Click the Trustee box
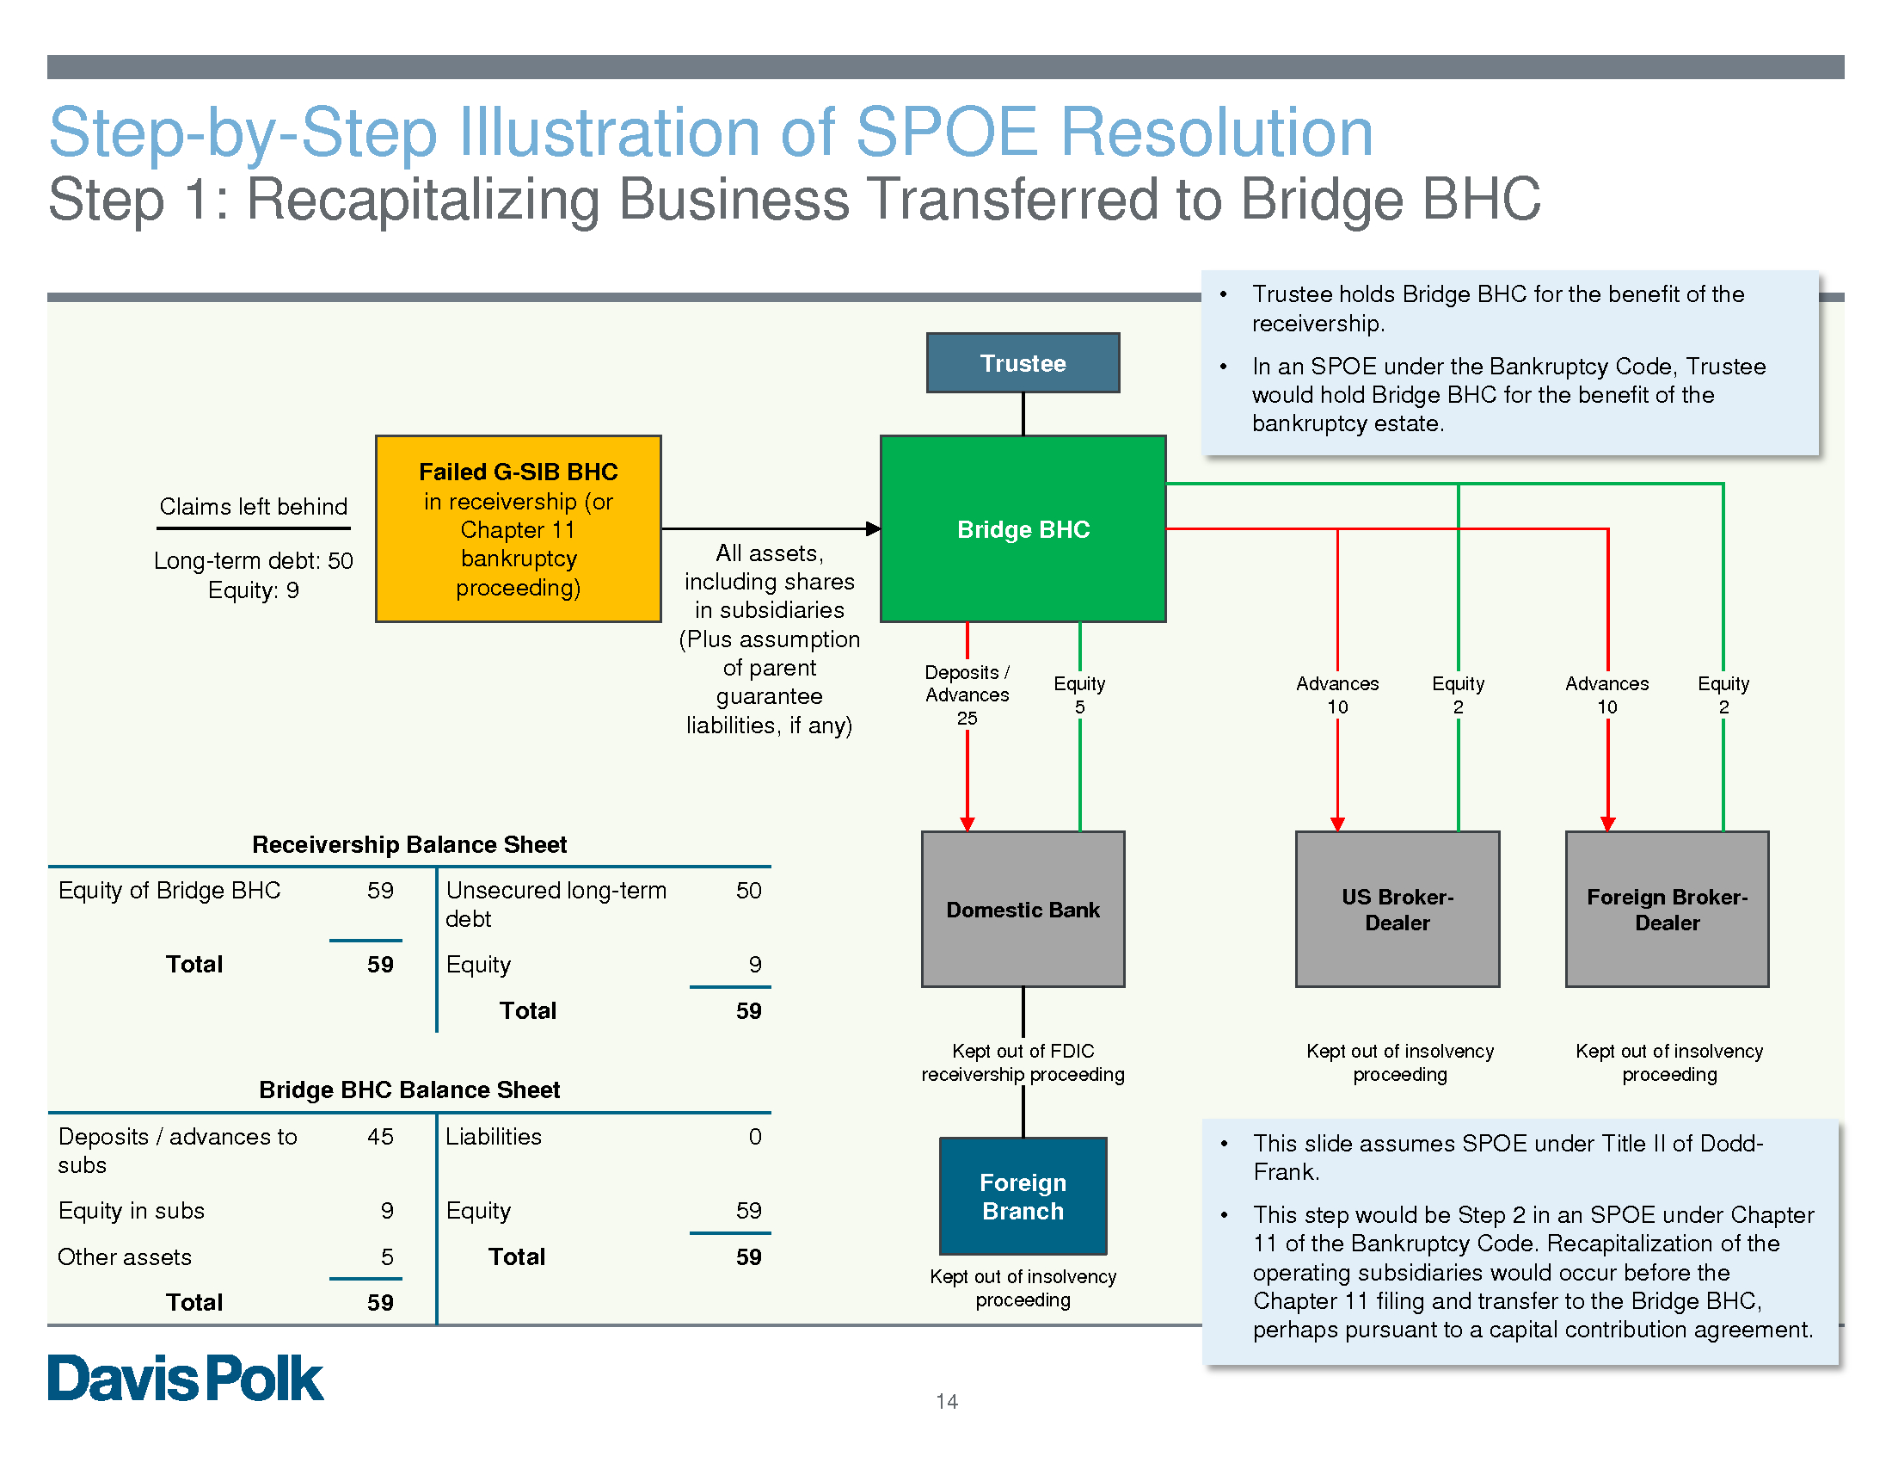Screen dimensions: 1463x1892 (x=1023, y=363)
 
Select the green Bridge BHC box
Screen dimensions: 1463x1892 (x=1023, y=528)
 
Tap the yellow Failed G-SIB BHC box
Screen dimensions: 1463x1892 (x=518, y=528)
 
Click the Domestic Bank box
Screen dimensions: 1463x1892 (x=1023, y=909)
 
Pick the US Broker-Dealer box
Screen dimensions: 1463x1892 (x=1397, y=909)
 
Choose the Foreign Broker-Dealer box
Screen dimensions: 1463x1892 (x=1667, y=909)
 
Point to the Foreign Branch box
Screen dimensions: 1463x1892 (x=1023, y=1196)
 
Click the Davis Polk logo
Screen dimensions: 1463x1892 (x=186, y=1378)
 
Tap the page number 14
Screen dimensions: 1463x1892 (x=946, y=1401)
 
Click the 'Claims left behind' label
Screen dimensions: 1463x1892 (x=253, y=507)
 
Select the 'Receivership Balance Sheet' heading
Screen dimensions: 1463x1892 (x=408, y=844)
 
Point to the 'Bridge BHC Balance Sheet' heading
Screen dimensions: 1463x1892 (x=408, y=1090)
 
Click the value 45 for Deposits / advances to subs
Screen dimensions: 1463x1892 (x=380, y=1136)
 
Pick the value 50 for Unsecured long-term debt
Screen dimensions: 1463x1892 (x=748, y=890)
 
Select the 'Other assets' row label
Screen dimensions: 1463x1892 (x=125, y=1256)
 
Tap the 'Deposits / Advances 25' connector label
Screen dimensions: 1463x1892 (x=967, y=695)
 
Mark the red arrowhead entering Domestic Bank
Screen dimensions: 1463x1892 (x=967, y=824)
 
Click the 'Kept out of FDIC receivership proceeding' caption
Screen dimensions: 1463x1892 (x=1023, y=1063)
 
